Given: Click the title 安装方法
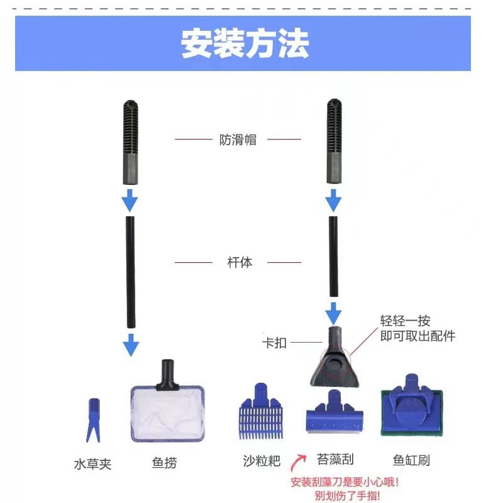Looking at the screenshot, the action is (x=245, y=43).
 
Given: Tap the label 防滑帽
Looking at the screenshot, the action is (x=238, y=140).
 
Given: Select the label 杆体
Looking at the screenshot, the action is (x=239, y=262).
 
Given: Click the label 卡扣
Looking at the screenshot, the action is (x=274, y=343).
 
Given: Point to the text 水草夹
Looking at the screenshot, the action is (x=92, y=464).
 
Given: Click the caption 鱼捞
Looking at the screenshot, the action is (x=164, y=463).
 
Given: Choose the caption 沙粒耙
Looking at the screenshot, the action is (x=260, y=461).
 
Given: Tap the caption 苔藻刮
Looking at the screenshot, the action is (x=335, y=460).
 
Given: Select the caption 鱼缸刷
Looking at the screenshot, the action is (x=411, y=460).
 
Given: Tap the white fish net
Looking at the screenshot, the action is (x=168, y=411).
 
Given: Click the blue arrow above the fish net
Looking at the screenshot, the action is (x=130, y=345).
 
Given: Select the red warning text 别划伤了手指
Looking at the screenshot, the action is (x=343, y=496).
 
